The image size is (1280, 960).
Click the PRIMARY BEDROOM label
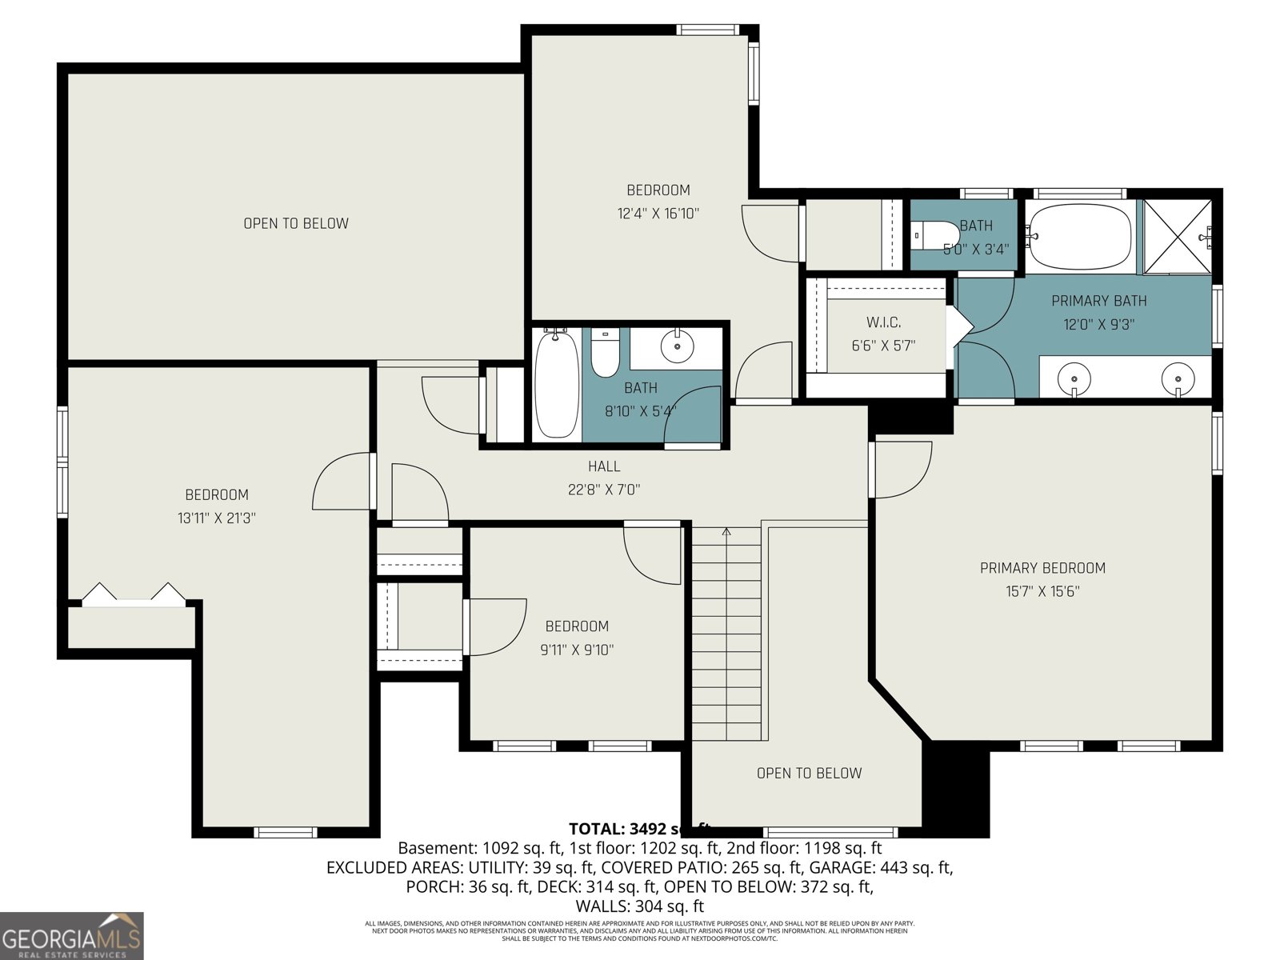[1042, 568]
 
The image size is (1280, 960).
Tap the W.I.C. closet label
[883, 322]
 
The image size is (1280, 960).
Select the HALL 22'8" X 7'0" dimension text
[604, 490]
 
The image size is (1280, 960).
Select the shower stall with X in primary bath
[1177, 236]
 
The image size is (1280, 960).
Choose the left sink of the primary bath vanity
[1074, 376]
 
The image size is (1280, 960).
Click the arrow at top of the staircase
[726, 531]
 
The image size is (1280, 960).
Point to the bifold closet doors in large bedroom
[134, 596]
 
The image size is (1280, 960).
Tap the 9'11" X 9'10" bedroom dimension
[577, 650]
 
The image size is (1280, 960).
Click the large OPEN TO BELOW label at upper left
[296, 223]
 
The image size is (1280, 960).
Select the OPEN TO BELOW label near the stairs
[809, 773]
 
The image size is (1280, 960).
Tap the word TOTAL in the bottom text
[596, 829]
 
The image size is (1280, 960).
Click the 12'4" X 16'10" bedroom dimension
[658, 214]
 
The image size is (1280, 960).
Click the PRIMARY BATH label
[1098, 301]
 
